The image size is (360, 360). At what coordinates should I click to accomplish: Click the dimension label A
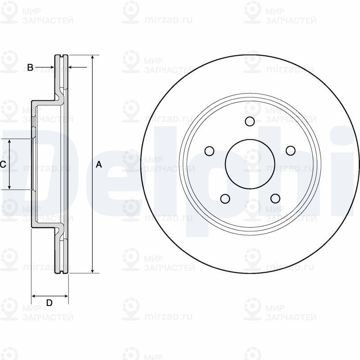[99, 165]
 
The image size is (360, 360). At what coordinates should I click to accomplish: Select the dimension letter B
[30, 67]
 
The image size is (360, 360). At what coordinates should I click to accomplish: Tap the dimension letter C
[3, 165]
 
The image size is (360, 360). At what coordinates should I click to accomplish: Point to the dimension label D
[49, 303]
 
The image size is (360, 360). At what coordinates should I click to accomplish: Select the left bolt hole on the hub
[209, 151]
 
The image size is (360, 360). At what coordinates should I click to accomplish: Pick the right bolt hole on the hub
[290, 151]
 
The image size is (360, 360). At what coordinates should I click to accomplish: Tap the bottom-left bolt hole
[225, 198]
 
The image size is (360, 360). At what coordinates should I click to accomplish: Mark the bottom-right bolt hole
[274, 198]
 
